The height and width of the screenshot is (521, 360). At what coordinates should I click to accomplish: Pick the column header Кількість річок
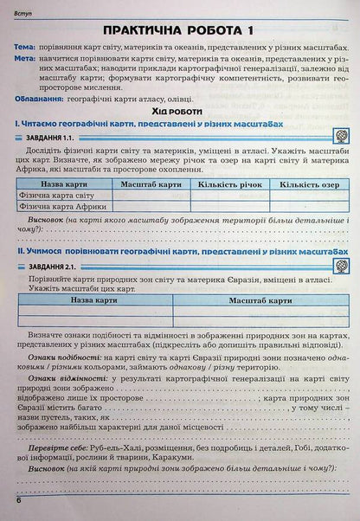[x=217, y=208]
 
